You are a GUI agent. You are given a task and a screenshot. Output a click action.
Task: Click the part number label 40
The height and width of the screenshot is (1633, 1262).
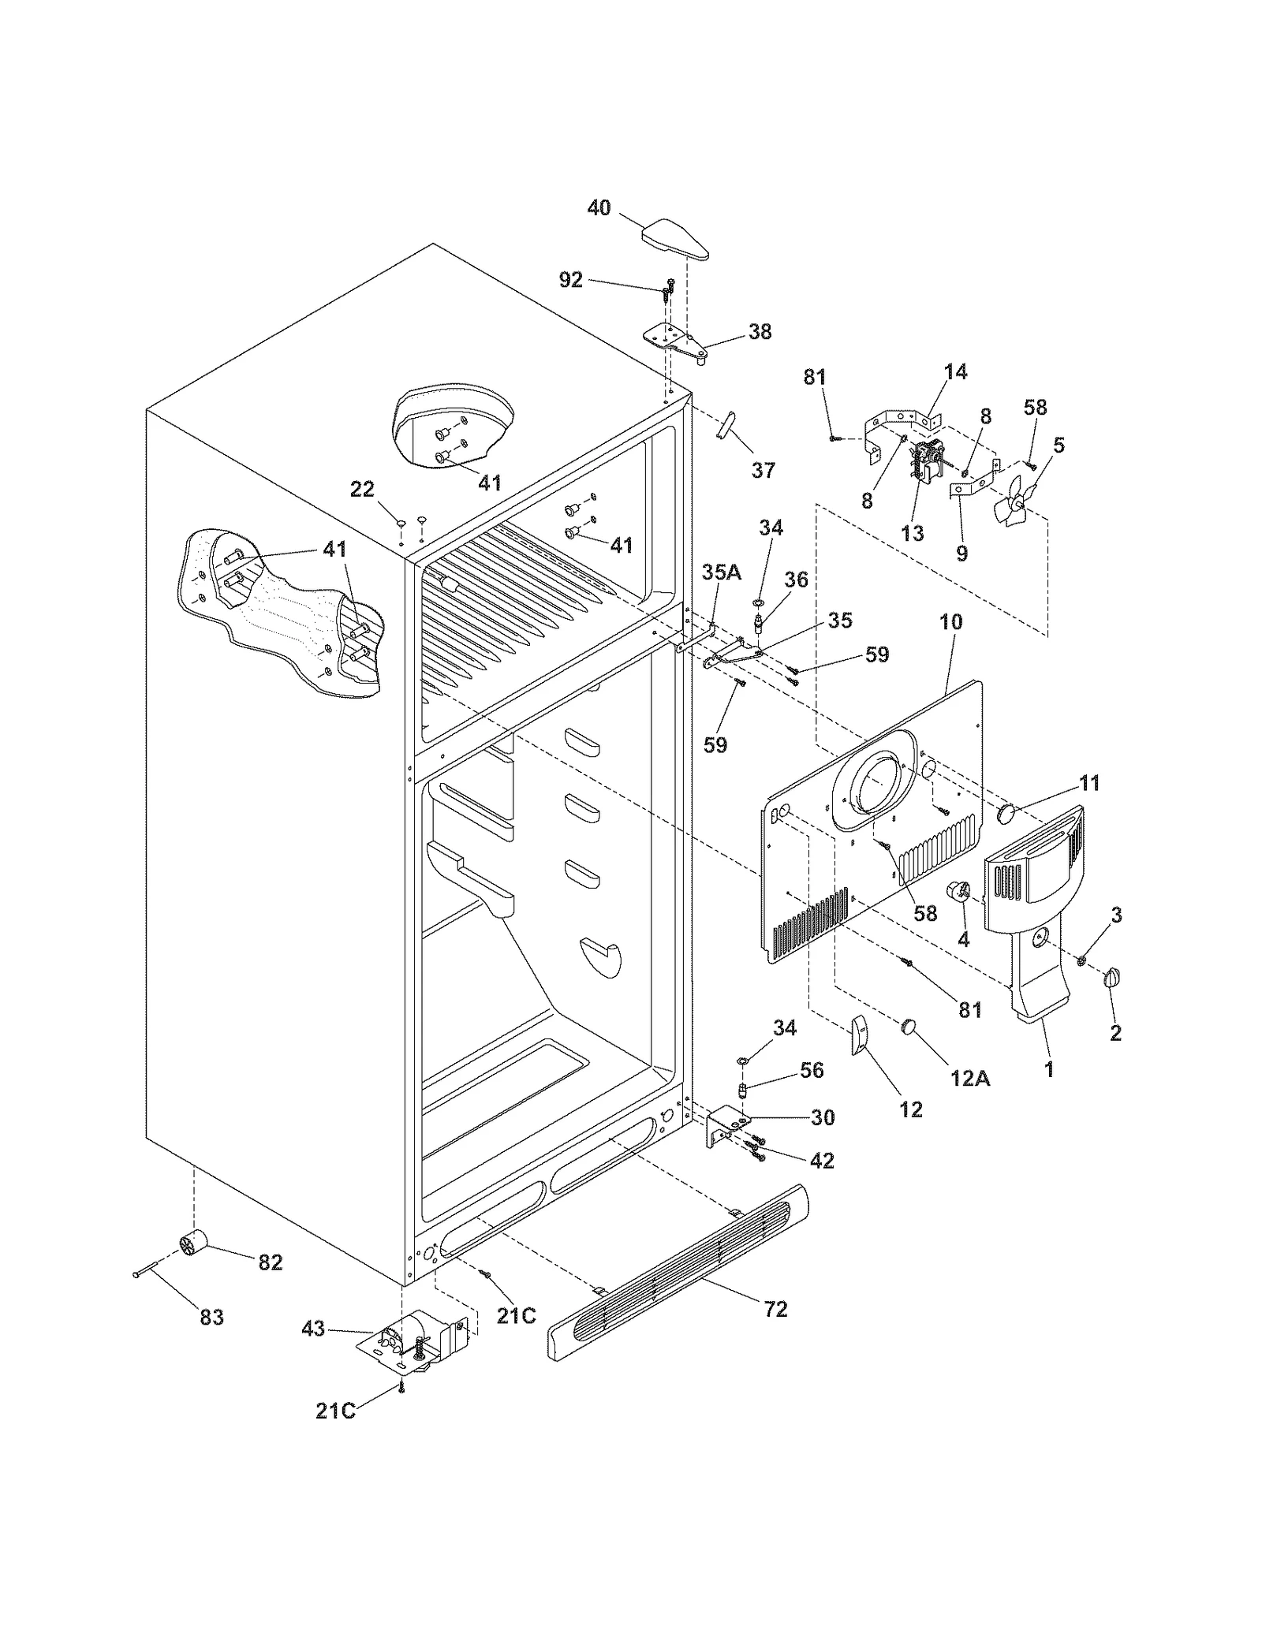[599, 208]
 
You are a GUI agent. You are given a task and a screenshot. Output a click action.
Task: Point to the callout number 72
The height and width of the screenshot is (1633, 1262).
[775, 1309]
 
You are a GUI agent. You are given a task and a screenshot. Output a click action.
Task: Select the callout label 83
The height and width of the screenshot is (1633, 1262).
[211, 1317]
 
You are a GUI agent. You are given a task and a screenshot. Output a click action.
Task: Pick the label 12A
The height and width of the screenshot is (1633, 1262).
[970, 1079]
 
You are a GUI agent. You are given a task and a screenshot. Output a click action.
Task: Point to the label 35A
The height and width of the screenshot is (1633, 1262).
[722, 572]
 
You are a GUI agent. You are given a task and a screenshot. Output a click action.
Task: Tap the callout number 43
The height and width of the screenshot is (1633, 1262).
[313, 1329]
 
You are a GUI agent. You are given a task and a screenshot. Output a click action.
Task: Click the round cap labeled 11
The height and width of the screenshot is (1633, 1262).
[1006, 813]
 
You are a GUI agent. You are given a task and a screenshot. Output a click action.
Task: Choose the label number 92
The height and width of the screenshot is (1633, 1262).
[570, 279]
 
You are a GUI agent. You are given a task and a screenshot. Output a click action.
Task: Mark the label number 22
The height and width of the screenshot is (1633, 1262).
[362, 490]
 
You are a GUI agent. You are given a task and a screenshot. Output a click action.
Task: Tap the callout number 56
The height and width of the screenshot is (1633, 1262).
[812, 1070]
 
